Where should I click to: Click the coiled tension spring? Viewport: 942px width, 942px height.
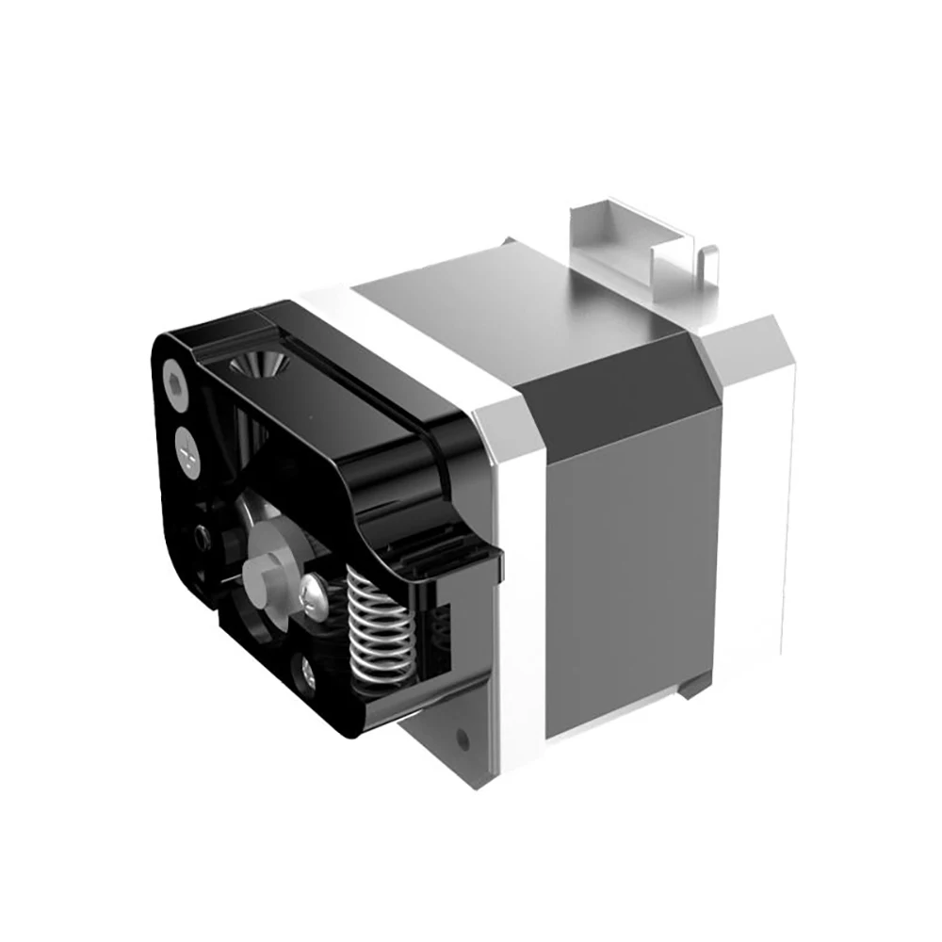(x=378, y=626)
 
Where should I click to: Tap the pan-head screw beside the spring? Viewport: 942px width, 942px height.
(x=313, y=593)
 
